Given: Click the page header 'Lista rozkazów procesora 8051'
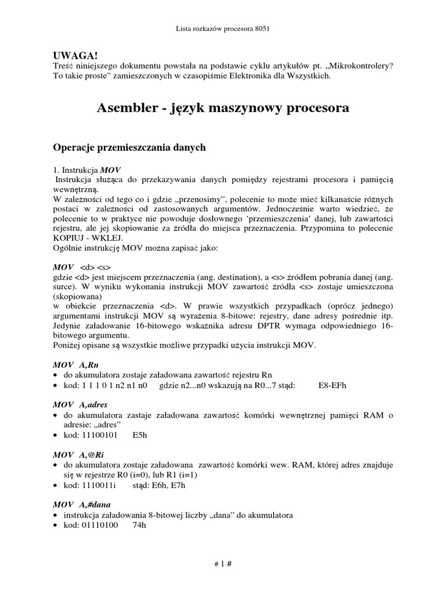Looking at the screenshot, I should tap(222, 28).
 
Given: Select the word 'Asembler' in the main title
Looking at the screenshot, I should tap(126, 108).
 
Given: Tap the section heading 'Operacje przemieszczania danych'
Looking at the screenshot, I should tap(130, 148).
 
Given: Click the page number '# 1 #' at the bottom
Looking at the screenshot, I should tap(222, 564).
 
